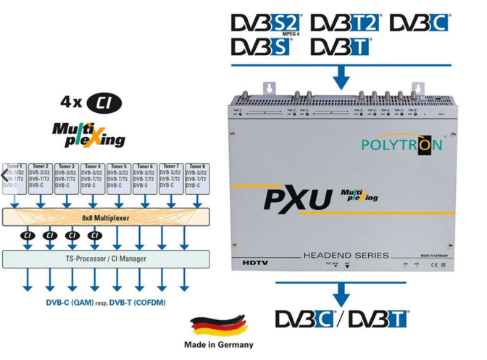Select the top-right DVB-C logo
pos(420,24)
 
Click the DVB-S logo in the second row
pos(261,47)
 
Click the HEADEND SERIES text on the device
pos(346,256)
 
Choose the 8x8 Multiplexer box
pos(107,216)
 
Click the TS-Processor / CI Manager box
pos(107,257)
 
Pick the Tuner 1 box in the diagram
pos(14,176)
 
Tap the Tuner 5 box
pos(118,176)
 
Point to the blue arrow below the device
pos(341,292)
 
